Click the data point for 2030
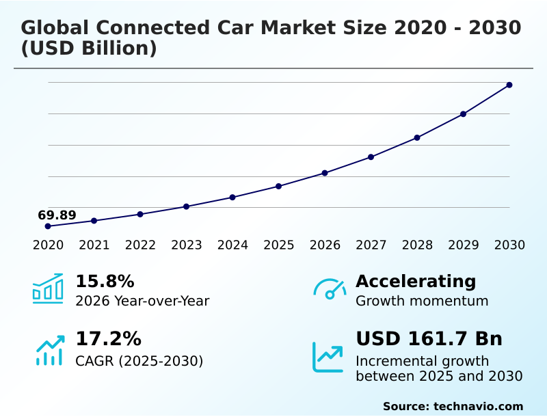pos(509,85)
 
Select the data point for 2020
pos(48,226)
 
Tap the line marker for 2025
pos(279,186)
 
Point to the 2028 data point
pos(417,137)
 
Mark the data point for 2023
pos(187,206)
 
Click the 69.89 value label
pos(57,215)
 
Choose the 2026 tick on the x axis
pos(325,245)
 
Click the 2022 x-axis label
pos(140,245)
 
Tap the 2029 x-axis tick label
pos(464,245)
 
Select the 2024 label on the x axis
pos(232,245)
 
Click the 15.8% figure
pos(105,282)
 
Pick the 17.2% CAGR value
pos(108,339)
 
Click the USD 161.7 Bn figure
pos(429,339)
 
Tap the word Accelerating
pos(416,282)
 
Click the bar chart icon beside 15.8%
pos(48,288)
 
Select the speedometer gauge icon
pos(329,289)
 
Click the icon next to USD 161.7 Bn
pos(328,357)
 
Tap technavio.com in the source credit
pos(478,406)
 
